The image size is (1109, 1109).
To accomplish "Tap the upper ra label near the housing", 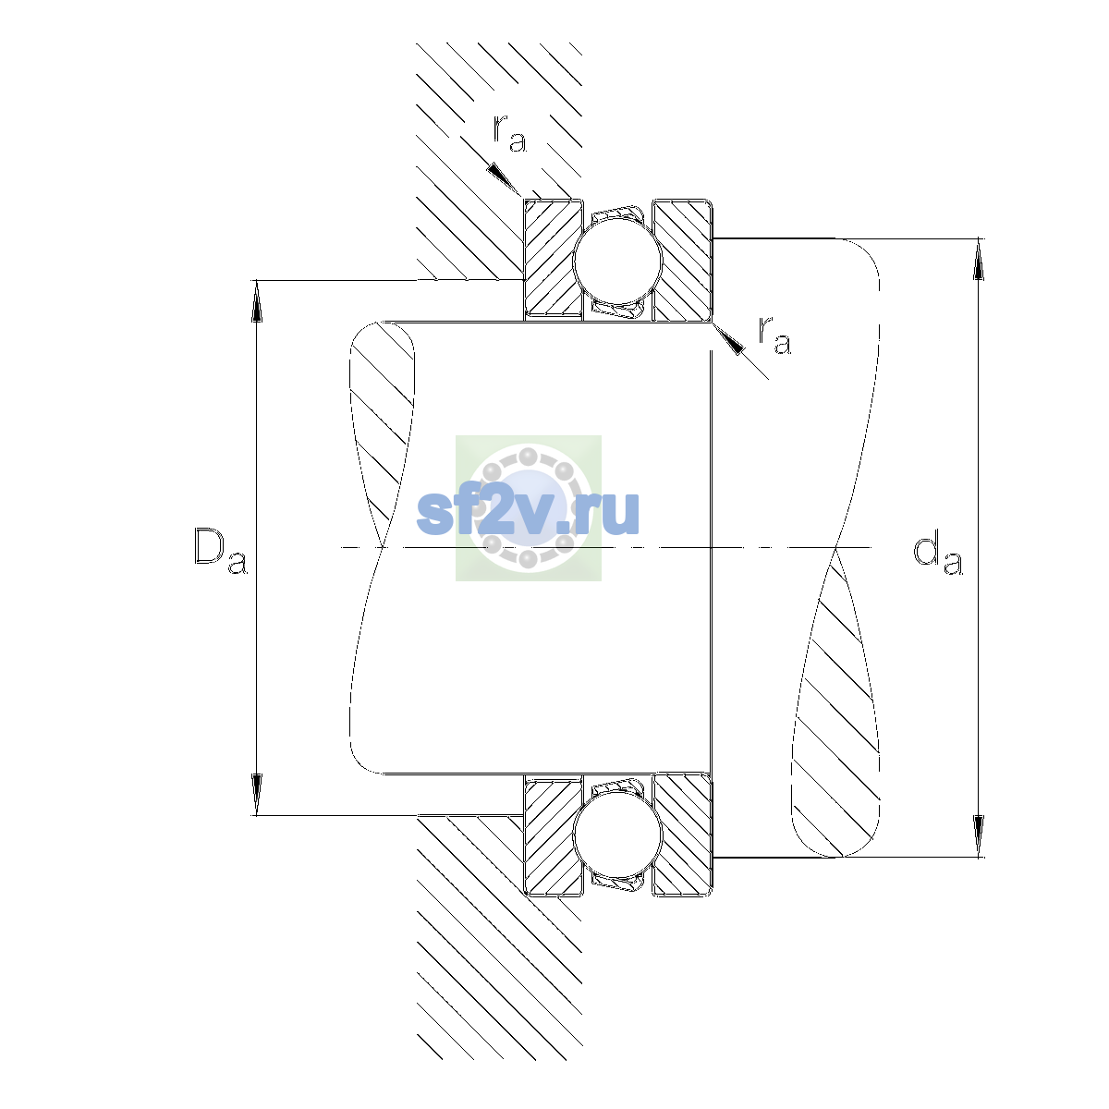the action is click(509, 133).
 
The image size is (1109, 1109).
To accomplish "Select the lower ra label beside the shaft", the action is click(774, 335).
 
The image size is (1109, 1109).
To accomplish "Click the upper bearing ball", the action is click(617, 261).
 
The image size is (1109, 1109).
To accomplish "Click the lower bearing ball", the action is click(617, 835).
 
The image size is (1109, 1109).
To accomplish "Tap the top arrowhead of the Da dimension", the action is click(257, 301).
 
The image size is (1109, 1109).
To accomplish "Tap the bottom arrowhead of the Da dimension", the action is click(257, 794).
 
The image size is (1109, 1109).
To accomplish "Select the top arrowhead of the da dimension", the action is click(978, 260).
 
